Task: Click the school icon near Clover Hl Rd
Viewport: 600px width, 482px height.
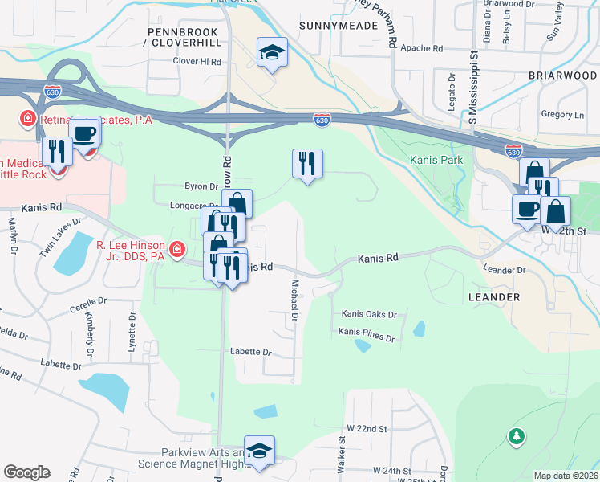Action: pos(272,53)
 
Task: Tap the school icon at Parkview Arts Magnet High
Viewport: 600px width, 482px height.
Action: pos(259,451)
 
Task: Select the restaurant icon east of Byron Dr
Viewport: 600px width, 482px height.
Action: pos(307,164)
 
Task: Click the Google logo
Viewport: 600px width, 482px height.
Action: pos(26,472)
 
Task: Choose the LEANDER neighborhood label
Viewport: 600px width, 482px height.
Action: pos(493,297)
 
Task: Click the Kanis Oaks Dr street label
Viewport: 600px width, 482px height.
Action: pos(369,314)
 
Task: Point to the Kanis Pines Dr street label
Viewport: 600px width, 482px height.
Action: pos(367,331)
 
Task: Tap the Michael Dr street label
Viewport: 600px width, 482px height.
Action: pos(294,301)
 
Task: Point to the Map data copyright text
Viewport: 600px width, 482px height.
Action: pos(566,476)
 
